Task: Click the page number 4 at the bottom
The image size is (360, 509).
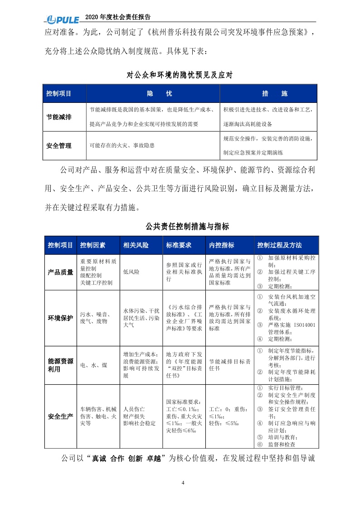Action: point(183,482)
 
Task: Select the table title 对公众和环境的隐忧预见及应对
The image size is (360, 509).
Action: point(180,75)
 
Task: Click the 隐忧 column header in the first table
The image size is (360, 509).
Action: point(153,94)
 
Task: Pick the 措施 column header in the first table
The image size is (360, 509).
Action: point(268,94)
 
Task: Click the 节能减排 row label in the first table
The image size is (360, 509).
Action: point(59,117)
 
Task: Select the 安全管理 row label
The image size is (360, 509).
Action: point(59,146)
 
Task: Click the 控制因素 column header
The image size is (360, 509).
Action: point(92,245)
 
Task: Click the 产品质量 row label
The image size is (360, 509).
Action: point(60,272)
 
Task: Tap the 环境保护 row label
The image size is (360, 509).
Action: point(60,317)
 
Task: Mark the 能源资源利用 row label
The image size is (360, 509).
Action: point(60,365)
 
